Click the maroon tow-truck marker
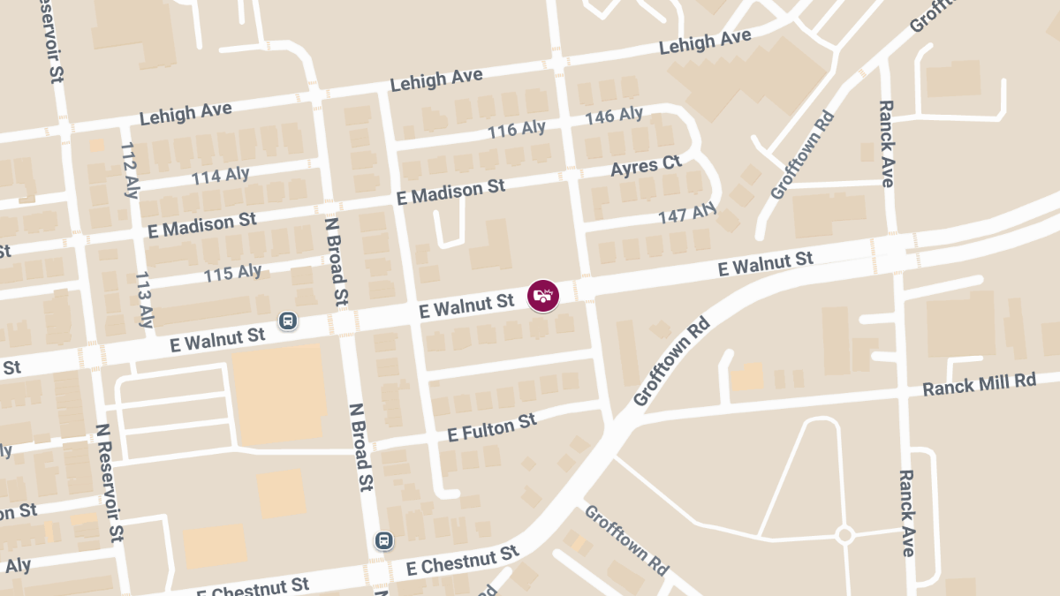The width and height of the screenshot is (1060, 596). coord(543,295)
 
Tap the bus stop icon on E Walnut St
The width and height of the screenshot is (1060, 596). coord(287,321)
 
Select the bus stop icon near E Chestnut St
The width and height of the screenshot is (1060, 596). coord(383,539)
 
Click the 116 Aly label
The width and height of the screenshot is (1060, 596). coord(517,130)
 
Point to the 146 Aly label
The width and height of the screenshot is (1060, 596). coord(614,116)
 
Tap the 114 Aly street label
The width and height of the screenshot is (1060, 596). coord(221,176)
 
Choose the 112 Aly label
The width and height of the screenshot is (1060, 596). coord(128,170)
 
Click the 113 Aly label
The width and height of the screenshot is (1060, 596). coord(145,299)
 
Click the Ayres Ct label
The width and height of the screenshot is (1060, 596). coord(647,165)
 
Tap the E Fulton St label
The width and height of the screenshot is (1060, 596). coord(492,427)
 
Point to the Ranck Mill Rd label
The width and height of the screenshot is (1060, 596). coord(978,383)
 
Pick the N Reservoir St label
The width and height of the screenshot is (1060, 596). coord(110,481)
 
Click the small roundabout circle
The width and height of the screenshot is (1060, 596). coord(844,534)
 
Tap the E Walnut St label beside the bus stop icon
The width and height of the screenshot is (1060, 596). coord(218,339)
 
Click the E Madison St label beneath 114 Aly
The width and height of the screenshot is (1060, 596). coord(203,225)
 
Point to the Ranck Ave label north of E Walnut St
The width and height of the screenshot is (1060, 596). coord(887,143)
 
